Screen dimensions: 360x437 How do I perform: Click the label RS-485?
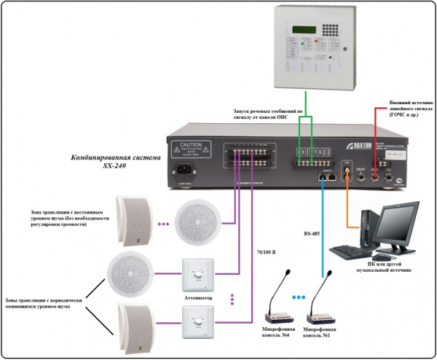click(310, 235)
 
